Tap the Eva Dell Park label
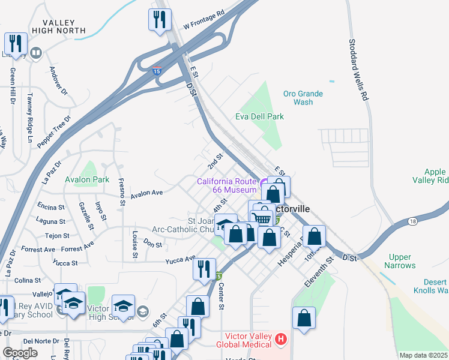click(x=259, y=116)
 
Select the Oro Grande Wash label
click(x=303, y=98)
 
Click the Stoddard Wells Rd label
click(x=358, y=70)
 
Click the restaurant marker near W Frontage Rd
click(x=159, y=20)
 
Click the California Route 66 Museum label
click(x=227, y=185)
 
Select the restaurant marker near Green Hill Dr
click(x=15, y=43)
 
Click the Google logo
click(x=20, y=353)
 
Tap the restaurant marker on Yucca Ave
click(x=204, y=269)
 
